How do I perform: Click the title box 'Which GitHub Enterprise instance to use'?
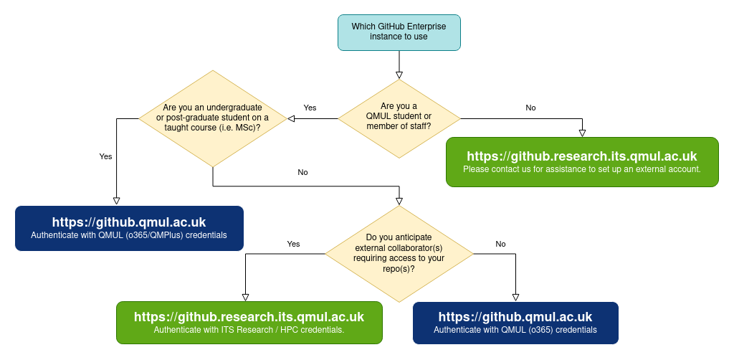coord(399,32)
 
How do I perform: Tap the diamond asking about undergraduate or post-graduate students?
coord(212,118)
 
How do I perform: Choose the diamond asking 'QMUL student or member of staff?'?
coord(399,117)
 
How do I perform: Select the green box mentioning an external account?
coord(582,162)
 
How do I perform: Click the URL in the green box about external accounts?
coord(582,156)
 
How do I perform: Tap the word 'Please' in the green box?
coord(476,170)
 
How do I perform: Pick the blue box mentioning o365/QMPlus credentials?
coord(129,228)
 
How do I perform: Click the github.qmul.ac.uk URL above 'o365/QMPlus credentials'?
coord(129,222)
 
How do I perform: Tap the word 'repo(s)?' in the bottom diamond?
coord(399,268)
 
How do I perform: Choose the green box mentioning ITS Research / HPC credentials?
coord(249,322)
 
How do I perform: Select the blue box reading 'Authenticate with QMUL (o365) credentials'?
coord(515,323)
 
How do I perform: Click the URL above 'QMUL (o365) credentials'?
coord(515,317)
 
